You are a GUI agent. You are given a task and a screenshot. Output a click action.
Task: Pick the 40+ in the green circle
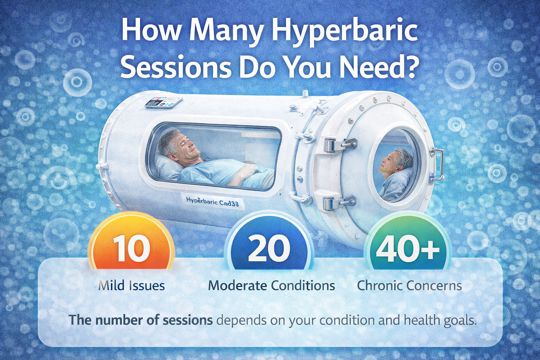pyautogui.click(x=408, y=249)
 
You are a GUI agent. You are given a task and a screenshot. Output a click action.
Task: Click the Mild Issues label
pyautogui.click(x=131, y=285)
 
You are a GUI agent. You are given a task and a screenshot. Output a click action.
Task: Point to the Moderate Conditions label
pyautogui.click(x=271, y=285)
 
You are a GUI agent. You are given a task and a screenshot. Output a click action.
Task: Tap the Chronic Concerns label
pyautogui.click(x=409, y=285)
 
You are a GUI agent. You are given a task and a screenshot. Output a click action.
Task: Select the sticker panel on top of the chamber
pyautogui.click(x=163, y=103)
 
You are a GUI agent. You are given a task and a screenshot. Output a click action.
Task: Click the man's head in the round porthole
pyautogui.click(x=397, y=161)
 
